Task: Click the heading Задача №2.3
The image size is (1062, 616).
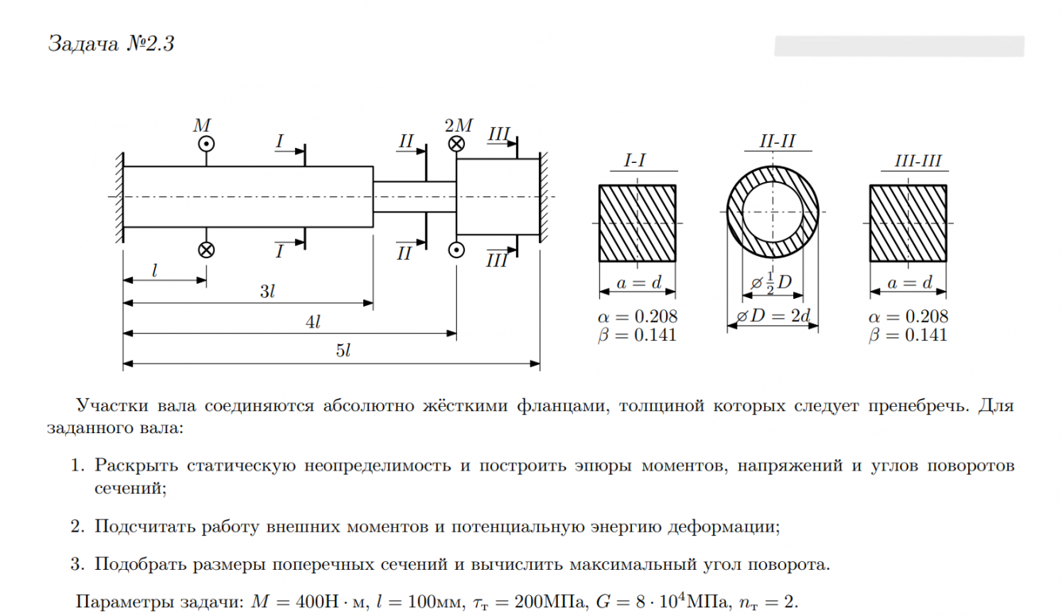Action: (x=110, y=44)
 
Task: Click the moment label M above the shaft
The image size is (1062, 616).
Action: (x=203, y=126)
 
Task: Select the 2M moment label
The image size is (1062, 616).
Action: (x=459, y=126)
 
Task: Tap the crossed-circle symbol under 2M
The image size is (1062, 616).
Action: (x=456, y=144)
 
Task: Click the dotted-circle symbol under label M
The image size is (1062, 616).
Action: (x=206, y=144)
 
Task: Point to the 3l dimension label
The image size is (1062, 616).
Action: (x=267, y=292)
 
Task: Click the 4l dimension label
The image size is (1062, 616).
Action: (x=312, y=322)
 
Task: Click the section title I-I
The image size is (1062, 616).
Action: (x=635, y=161)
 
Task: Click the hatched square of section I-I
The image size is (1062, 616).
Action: (x=637, y=224)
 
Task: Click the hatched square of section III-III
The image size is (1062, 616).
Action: (x=908, y=224)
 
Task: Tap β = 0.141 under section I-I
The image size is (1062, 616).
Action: (x=637, y=335)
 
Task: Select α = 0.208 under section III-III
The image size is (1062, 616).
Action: (x=908, y=316)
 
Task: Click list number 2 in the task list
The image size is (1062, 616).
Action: (x=76, y=526)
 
